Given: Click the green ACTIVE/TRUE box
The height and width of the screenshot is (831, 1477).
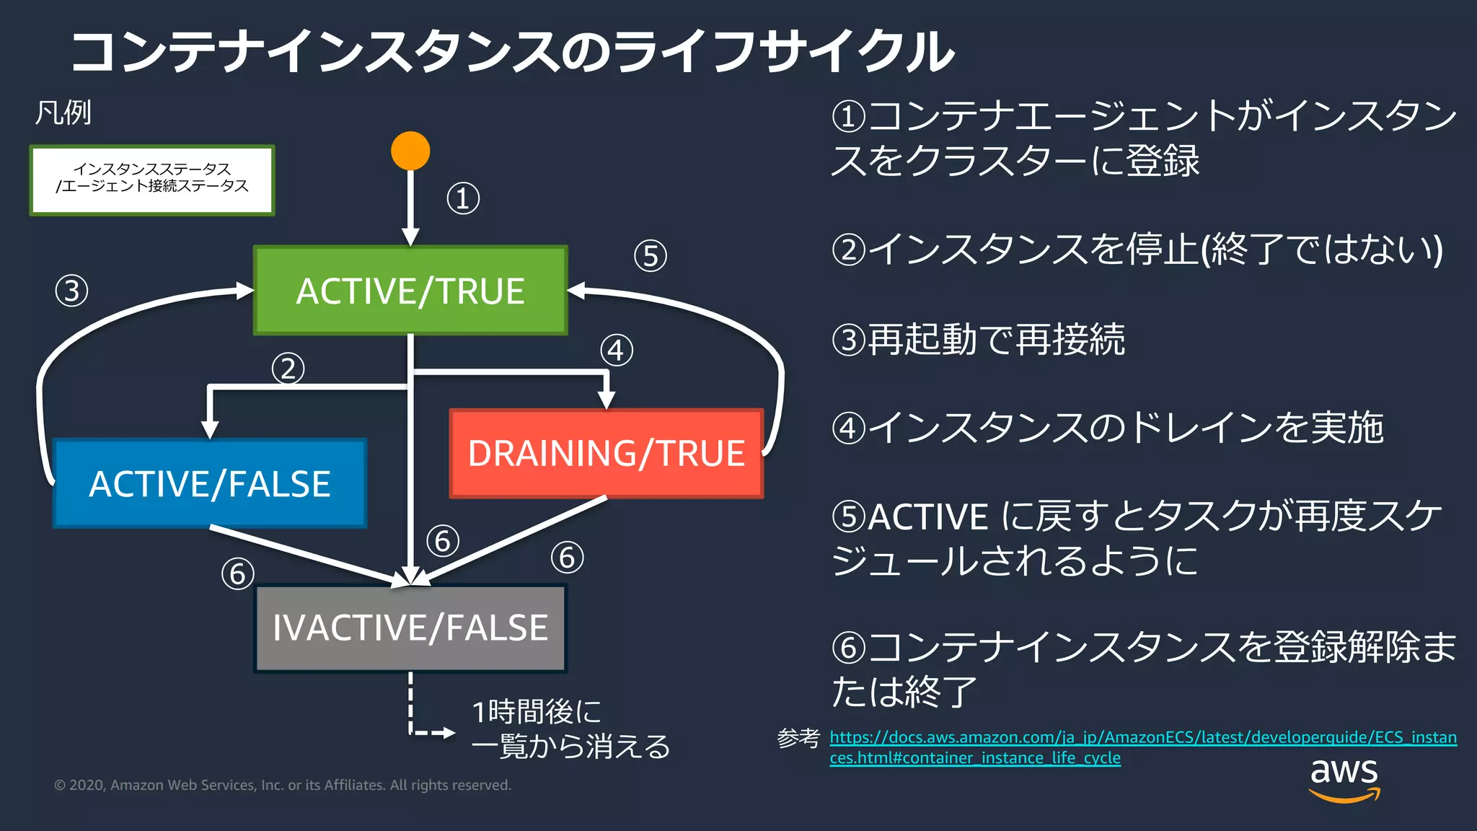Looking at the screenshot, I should click(x=410, y=291).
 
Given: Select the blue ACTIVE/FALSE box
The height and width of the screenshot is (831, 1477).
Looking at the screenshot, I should click(x=210, y=483).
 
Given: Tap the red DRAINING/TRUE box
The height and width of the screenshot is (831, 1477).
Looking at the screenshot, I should click(x=606, y=454).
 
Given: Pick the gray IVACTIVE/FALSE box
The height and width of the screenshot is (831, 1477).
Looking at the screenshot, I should click(x=410, y=628).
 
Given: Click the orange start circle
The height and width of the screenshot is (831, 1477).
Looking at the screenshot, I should click(x=410, y=151).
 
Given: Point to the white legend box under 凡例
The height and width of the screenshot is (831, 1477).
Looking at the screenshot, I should click(x=152, y=180).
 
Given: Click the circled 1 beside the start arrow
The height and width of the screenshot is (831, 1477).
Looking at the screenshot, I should click(x=463, y=198).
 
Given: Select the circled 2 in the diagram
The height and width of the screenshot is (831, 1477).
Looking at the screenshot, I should click(x=288, y=369).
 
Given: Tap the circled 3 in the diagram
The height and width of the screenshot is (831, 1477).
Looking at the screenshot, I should click(x=71, y=291).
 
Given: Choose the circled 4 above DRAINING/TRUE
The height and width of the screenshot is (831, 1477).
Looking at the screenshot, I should click(x=617, y=351).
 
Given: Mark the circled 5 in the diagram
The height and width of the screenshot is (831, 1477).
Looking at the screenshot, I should click(x=651, y=256).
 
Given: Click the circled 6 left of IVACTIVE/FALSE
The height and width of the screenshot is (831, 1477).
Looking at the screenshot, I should click(x=238, y=574).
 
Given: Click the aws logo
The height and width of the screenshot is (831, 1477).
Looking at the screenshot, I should click(x=1344, y=779).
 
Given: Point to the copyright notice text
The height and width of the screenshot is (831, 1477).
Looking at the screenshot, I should click(x=283, y=785).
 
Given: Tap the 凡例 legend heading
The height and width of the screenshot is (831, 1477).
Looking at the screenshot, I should click(x=63, y=113).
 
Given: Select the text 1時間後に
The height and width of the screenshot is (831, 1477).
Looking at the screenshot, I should click(x=537, y=712).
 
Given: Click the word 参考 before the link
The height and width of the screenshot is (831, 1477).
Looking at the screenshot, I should click(x=798, y=738).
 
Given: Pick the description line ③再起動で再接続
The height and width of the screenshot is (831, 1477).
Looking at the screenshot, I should click(x=978, y=339).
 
